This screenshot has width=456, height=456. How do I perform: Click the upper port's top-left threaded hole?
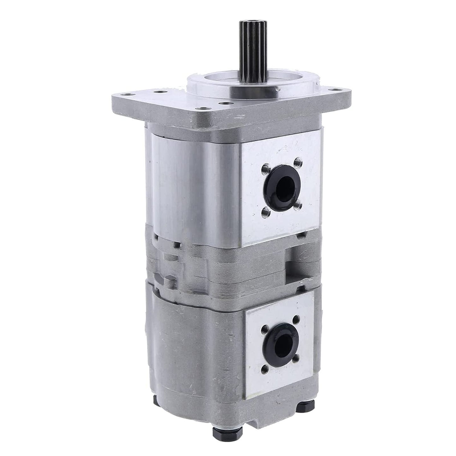(264, 172)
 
